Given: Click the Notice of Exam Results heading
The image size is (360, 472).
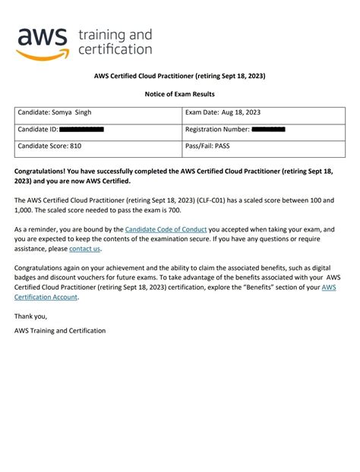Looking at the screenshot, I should pos(180,93).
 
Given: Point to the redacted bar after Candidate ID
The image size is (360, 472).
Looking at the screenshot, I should pos(81,130).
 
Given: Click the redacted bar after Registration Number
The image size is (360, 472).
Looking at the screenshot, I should pos(268,130).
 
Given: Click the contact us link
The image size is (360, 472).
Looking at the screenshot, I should pos(84,248).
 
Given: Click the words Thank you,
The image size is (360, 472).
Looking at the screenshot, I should pos(30,316).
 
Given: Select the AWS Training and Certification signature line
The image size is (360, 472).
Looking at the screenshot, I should pos(60,331).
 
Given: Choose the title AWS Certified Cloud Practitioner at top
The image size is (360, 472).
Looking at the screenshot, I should pos(180,77).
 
